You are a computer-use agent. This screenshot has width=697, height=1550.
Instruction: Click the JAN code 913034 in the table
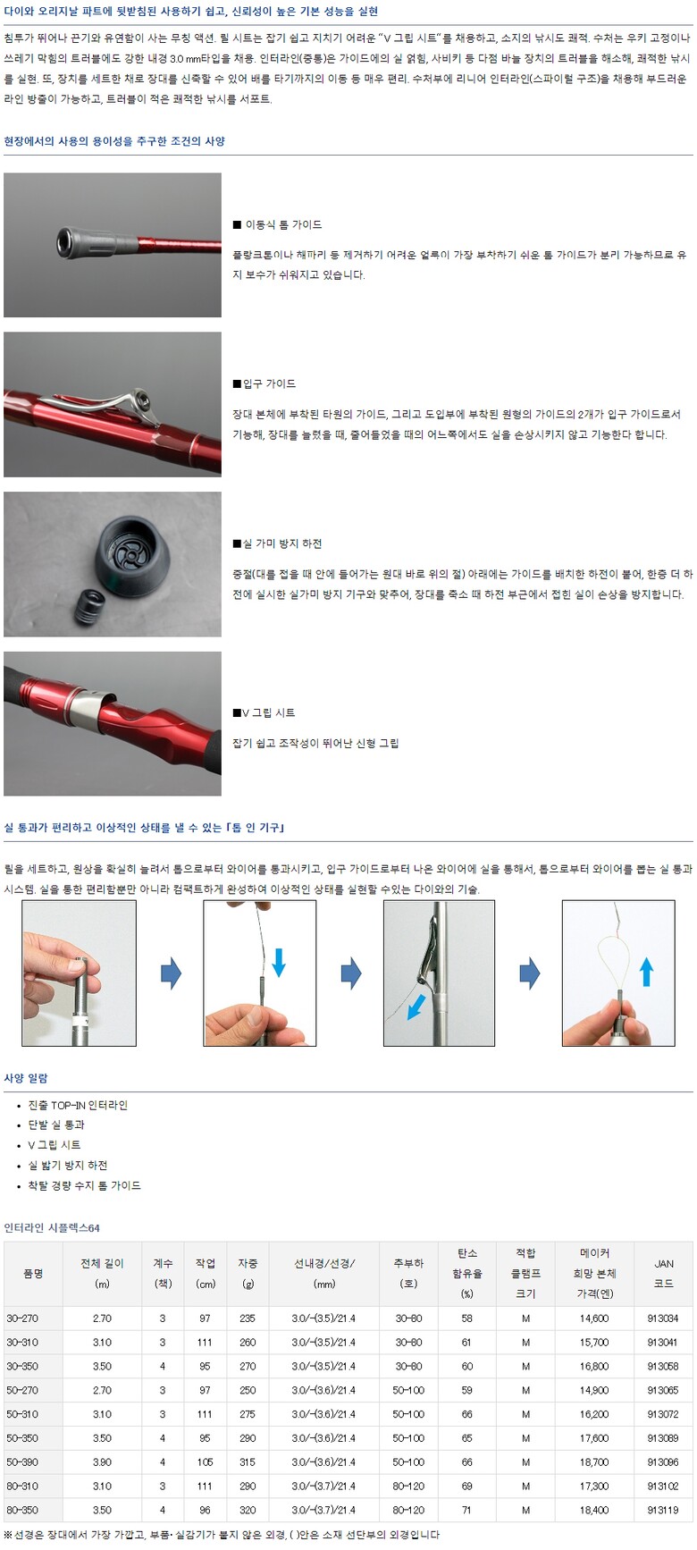(x=662, y=1318)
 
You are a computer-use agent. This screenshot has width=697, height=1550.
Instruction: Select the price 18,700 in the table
(x=594, y=1462)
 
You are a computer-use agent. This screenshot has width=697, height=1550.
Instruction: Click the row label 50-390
(x=22, y=1462)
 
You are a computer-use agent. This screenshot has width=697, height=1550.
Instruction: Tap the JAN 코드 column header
(x=663, y=1273)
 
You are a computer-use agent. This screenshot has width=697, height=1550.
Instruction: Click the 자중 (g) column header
(x=248, y=1273)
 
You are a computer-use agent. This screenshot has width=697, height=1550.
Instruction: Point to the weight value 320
(x=248, y=1510)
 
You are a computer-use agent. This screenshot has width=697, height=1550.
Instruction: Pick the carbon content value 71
(x=466, y=1510)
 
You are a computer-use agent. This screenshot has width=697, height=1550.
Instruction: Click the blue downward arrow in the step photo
(x=279, y=962)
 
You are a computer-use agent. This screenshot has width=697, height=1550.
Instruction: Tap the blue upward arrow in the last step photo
(x=646, y=972)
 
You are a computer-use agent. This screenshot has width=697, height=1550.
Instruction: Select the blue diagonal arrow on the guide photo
(x=416, y=1007)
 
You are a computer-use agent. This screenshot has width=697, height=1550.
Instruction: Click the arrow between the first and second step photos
(x=171, y=973)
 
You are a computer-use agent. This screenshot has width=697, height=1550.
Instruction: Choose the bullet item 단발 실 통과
(x=56, y=1125)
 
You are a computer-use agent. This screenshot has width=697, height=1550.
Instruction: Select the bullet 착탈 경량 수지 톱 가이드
(x=84, y=1185)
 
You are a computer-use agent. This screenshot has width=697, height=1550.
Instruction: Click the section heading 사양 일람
(x=26, y=1078)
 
